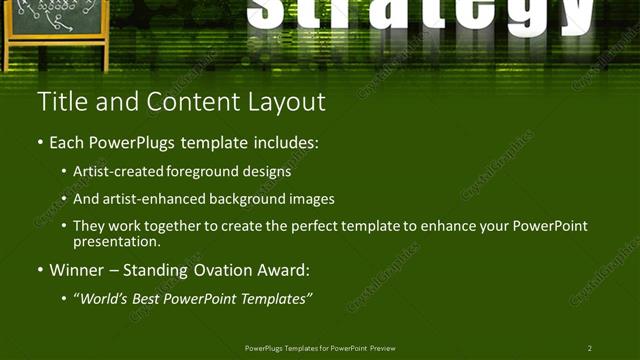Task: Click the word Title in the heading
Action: (59, 102)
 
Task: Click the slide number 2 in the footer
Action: (589, 348)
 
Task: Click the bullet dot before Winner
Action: (40, 270)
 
